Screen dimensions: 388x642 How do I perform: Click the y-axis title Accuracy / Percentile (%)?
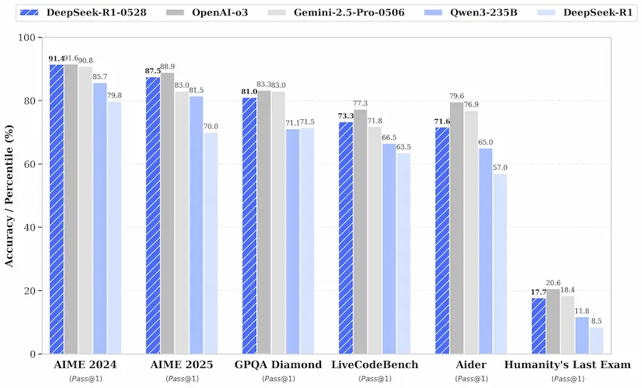[10, 195]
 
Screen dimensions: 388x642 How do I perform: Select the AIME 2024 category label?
[86, 365]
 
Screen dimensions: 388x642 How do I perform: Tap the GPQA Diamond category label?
[278, 365]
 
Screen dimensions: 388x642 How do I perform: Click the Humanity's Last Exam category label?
[568, 365]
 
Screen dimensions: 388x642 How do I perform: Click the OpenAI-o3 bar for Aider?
[457, 228]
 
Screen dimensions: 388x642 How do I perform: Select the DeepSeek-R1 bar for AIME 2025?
[210, 243]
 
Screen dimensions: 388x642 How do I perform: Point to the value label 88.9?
[169, 66]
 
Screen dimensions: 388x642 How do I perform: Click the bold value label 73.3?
[345, 116]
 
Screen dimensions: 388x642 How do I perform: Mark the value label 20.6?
[554, 283]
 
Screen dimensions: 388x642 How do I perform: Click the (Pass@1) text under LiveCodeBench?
[374, 378]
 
